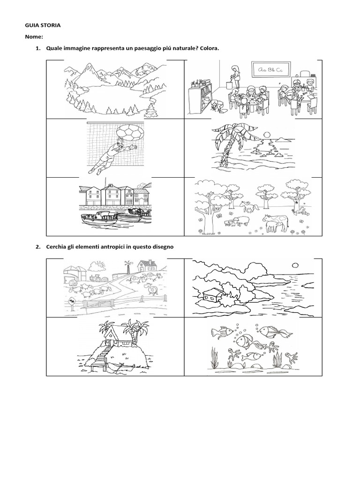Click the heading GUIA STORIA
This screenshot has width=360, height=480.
click(43, 25)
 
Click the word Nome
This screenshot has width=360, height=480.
click(33, 37)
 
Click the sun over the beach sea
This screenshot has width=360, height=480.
click(266, 135)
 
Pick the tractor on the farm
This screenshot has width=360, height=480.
click(97, 277)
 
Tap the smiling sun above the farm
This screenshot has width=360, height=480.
click(100, 265)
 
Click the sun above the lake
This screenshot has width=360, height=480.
click(295, 265)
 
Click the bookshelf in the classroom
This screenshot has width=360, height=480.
click(200, 98)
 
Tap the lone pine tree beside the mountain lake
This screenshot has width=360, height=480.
click(152, 111)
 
